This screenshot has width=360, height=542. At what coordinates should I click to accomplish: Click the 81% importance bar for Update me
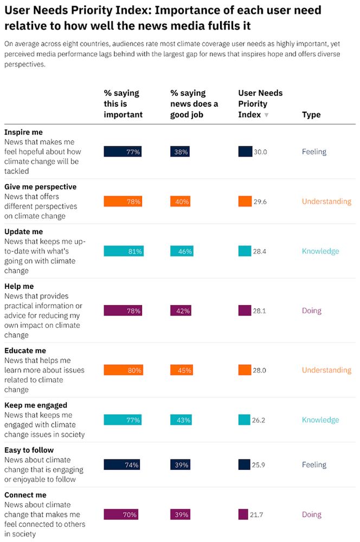(x=124, y=251)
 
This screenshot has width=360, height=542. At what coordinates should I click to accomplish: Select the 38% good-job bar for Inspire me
(x=180, y=152)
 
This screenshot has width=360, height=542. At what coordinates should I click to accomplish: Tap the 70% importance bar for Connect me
(x=120, y=514)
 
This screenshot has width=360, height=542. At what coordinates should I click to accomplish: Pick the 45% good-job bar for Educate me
(x=182, y=370)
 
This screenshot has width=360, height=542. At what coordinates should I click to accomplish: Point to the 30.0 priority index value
(x=260, y=152)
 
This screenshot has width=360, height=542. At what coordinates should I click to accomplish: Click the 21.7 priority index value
(x=256, y=514)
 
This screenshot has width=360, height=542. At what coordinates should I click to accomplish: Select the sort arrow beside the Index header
(x=266, y=115)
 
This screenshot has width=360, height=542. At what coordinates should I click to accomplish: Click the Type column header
(x=311, y=114)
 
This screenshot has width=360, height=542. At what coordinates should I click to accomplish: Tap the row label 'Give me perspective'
(x=40, y=186)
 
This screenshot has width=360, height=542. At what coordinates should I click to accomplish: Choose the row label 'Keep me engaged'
(x=36, y=405)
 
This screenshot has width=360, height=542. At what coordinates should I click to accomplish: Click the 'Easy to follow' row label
(x=29, y=450)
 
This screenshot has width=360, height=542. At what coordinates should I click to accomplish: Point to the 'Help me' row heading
(x=19, y=286)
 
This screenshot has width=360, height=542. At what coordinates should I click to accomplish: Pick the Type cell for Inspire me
(x=314, y=152)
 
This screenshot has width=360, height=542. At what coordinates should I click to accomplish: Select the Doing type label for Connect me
(x=312, y=514)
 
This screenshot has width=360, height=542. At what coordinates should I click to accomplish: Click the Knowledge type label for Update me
(x=320, y=251)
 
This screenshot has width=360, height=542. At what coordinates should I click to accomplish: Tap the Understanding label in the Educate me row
(x=326, y=370)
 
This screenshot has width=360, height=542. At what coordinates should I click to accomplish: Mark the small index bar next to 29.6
(x=245, y=201)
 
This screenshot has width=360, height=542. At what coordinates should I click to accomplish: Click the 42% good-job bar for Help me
(x=181, y=311)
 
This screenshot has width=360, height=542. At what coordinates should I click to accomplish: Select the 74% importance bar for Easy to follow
(x=122, y=464)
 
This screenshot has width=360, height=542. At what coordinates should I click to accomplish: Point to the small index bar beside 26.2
(x=244, y=420)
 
